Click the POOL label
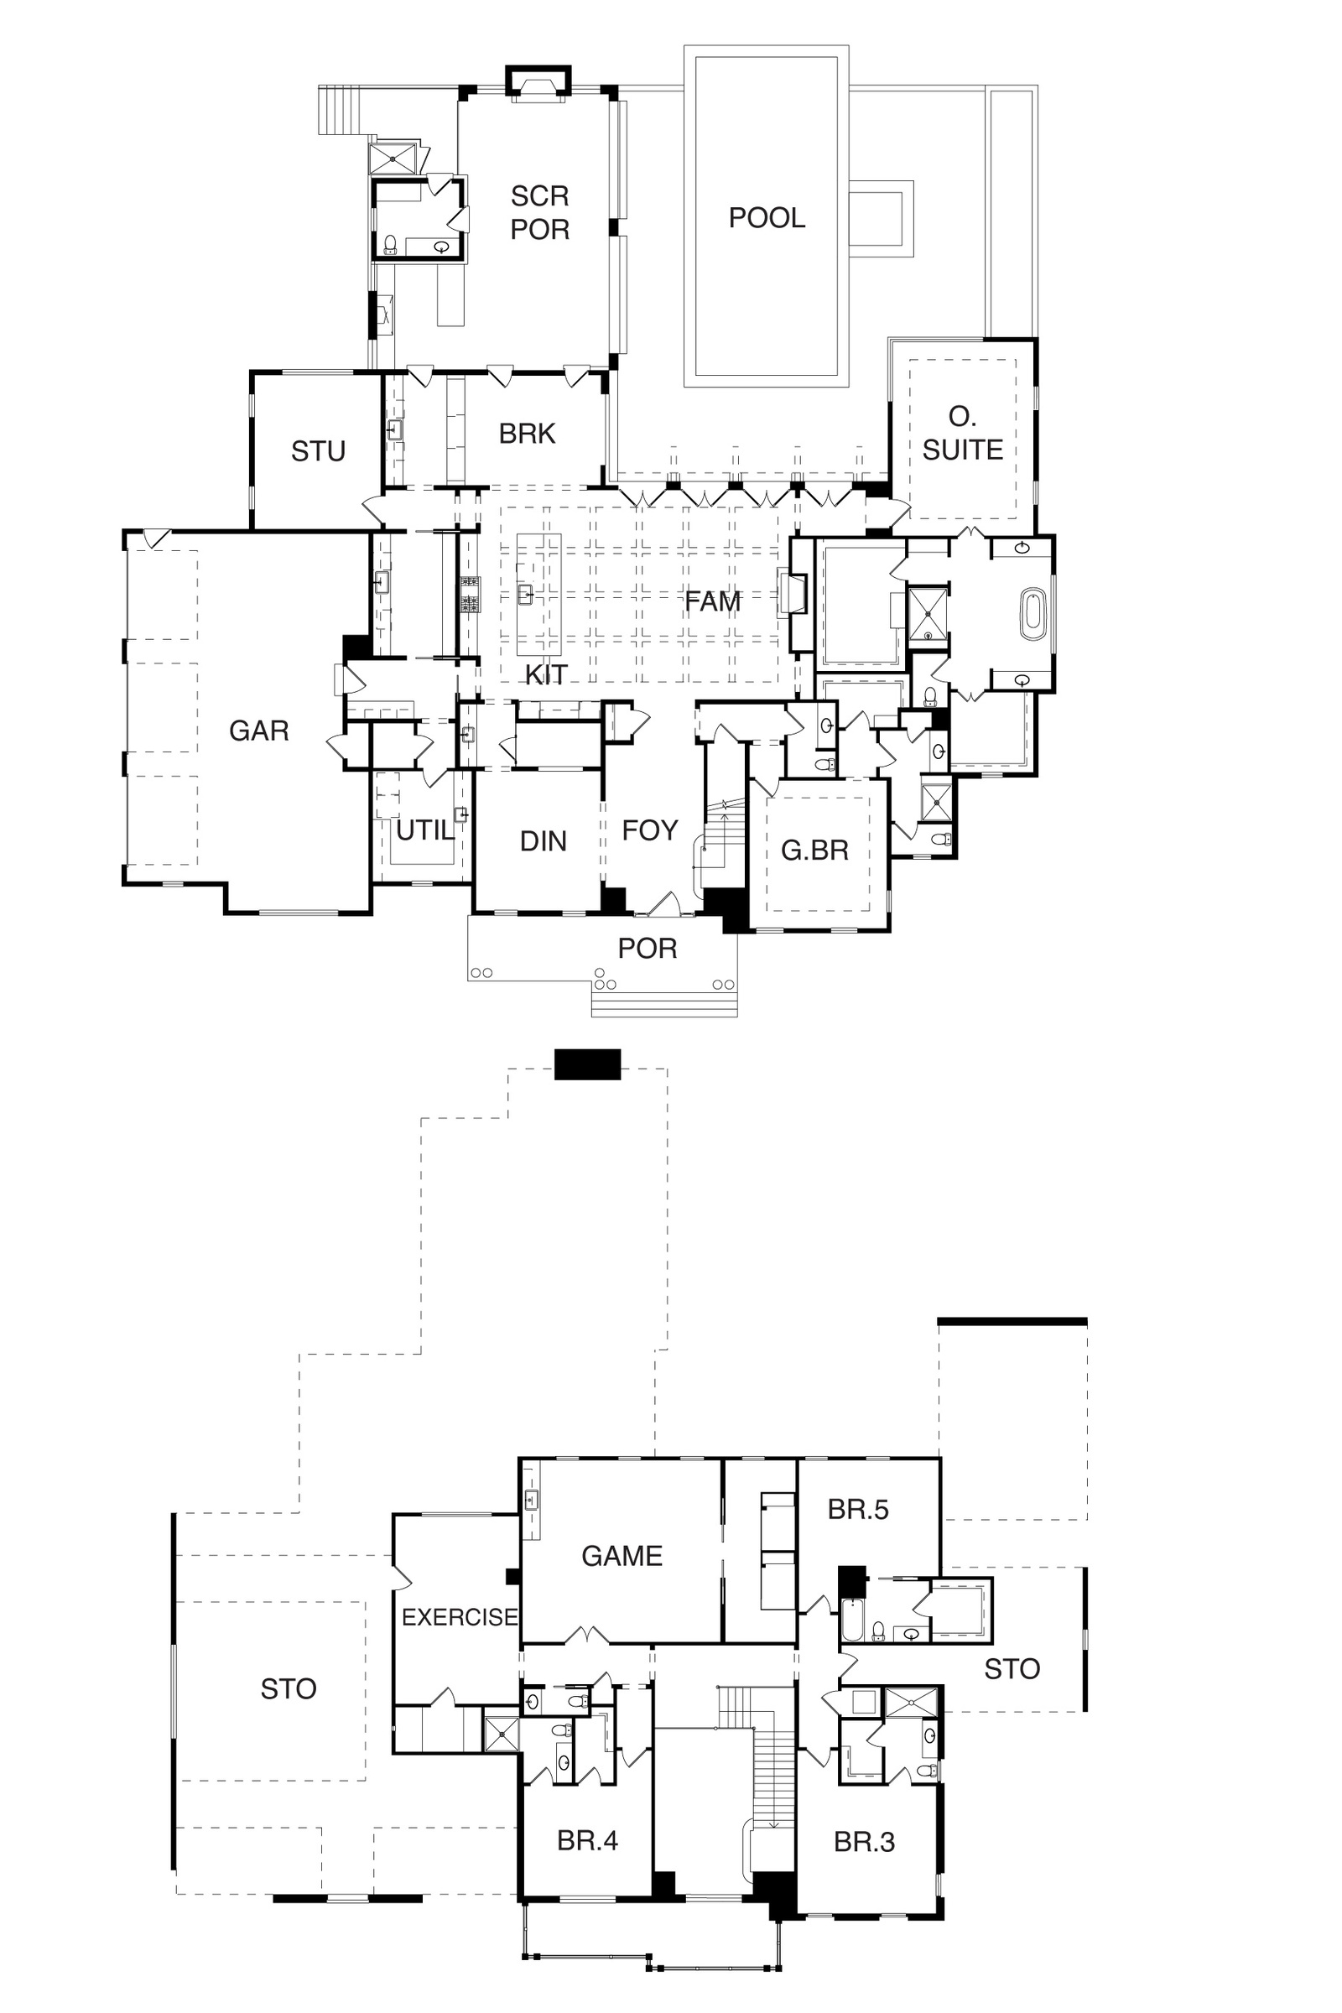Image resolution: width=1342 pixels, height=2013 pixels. click(767, 218)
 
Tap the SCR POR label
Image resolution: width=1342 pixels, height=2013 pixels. click(540, 212)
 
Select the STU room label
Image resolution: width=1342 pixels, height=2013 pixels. click(319, 451)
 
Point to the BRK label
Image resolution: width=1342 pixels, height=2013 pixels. click(528, 434)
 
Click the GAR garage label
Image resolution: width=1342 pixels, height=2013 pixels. click(259, 731)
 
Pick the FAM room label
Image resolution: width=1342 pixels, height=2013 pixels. click(713, 601)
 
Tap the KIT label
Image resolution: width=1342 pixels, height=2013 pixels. click(546, 675)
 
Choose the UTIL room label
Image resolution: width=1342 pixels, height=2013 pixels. click(424, 830)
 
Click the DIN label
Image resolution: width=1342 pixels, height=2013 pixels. click(544, 841)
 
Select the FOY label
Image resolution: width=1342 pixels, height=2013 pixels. click(649, 830)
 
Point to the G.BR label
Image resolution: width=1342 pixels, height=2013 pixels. click(814, 850)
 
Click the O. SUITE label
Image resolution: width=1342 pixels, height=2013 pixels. click(963, 433)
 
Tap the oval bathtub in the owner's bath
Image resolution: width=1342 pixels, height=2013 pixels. click(1034, 614)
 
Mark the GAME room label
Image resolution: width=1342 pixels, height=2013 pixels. click(622, 1556)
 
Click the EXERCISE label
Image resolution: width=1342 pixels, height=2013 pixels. click(460, 1617)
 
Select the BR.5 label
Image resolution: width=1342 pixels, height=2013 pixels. click(858, 1510)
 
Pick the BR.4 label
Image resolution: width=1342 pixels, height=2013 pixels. click(587, 1841)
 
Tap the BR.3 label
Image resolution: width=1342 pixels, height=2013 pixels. click(865, 1842)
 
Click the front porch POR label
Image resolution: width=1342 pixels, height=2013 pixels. click(648, 949)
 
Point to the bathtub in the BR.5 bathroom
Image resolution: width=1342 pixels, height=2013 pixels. click(852, 1619)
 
